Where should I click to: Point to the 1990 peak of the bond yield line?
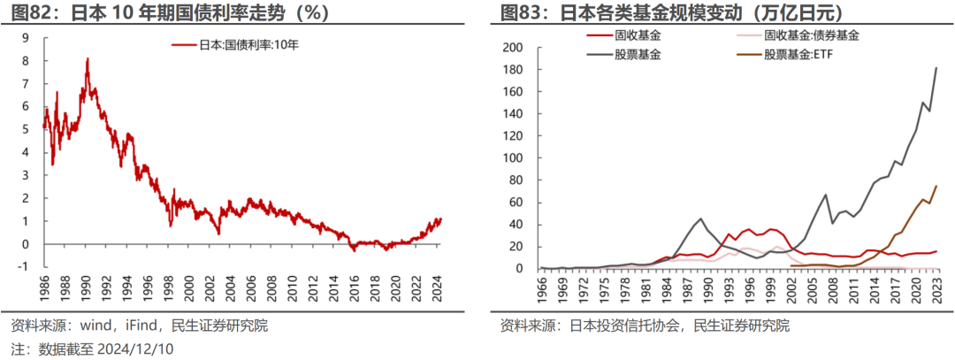click(88, 58)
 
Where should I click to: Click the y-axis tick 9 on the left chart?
click(26, 38)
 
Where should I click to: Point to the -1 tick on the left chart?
click(24, 267)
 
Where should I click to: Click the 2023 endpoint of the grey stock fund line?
click(936, 68)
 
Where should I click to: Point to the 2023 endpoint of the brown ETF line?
click(936, 186)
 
